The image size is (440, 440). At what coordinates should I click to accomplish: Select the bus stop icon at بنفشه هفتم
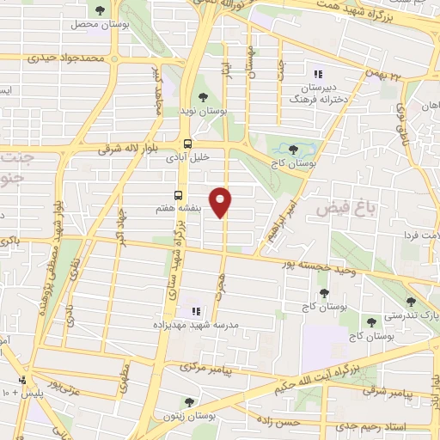click(x=179, y=194)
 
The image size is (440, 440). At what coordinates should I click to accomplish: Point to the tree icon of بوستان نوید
click(x=203, y=97)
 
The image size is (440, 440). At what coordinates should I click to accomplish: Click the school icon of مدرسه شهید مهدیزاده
click(x=195, y=310)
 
